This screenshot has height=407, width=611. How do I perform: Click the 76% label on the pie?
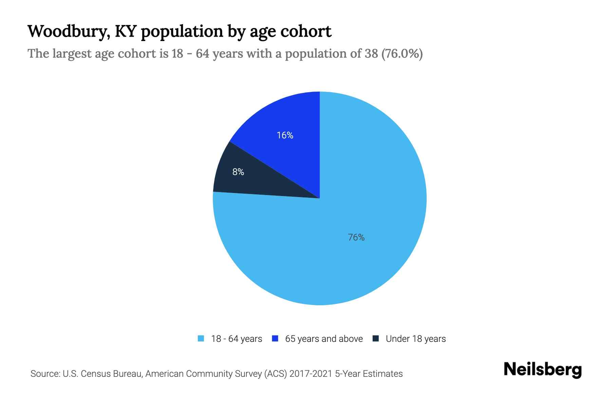tap(356, 237)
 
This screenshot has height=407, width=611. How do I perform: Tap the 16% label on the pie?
tap(285, 135)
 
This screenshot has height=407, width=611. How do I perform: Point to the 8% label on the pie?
tap(238, 172)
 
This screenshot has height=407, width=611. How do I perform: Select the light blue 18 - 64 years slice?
tap(356, 203)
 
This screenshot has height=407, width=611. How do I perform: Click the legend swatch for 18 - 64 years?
tap(201, 338)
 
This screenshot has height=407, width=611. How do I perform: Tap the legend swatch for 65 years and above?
tap(275, 338)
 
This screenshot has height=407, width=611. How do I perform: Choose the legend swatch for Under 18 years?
tap(376, 338)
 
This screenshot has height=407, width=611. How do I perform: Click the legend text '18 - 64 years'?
tap(237, 339)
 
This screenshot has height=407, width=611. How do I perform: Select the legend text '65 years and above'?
tap(324, 339)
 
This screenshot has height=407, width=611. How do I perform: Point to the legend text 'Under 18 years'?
tap(416, 339)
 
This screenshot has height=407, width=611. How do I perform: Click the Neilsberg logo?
tap(542, 370)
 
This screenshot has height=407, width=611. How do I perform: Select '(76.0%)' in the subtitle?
tap(402, 54)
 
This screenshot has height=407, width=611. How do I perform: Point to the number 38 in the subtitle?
tap(371, 54)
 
